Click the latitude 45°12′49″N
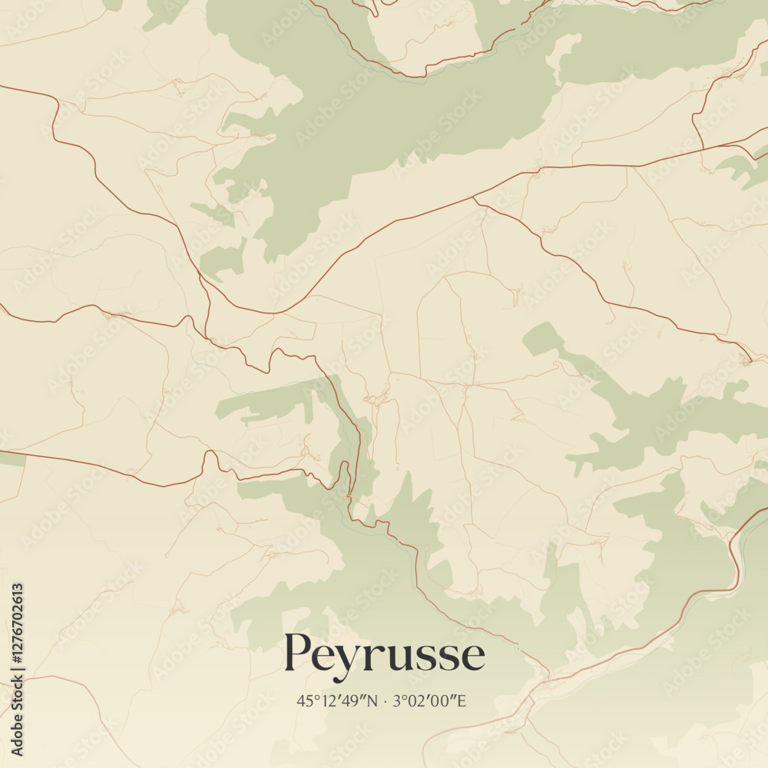[x=337, y=700]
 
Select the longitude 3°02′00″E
[x=430, y=700]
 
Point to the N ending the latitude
[x=372, y=700]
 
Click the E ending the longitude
[x=462, y=700]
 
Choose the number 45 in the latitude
[x=304, y=700]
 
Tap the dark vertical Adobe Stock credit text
[x=18, y=722]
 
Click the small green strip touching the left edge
[x=12, y=458]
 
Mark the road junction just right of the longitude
[x=547, y=677]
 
